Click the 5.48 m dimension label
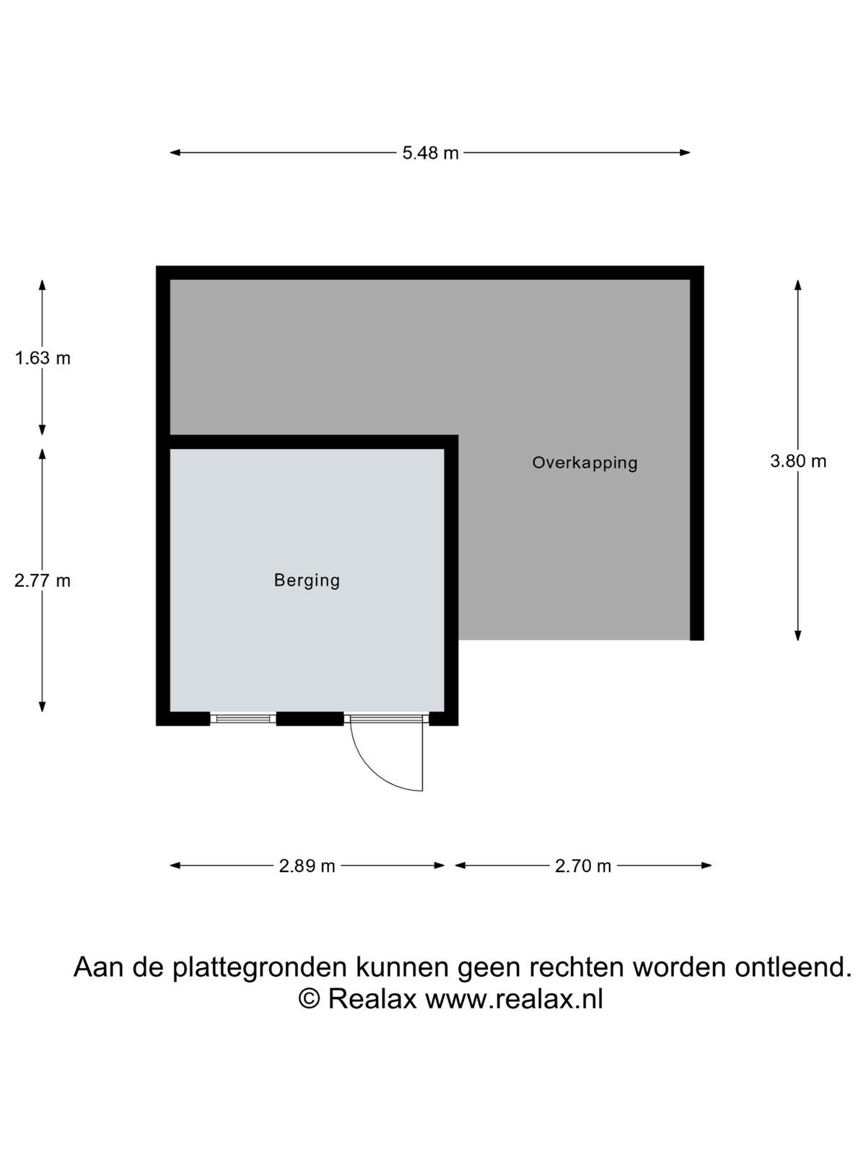[x=430, y=153]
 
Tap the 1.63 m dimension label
[x=42, y=358]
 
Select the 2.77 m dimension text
[x=42, y=581]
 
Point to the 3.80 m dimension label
[x=797, y=461]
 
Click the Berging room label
[x=307, y=580]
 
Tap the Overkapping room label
[x=585, y=463]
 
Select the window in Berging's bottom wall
[x=243, y=719]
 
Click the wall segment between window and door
[x=310, y=719]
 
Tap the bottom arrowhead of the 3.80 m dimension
[x=797, y=635]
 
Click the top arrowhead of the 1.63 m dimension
[x=42, y=285]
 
